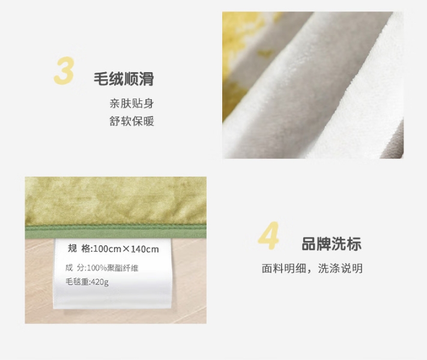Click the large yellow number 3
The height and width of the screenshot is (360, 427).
(64, 70)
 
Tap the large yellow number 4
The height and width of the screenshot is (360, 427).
(268, 236)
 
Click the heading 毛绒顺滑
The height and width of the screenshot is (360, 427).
(124, 79)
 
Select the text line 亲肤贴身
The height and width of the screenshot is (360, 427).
(132, 103)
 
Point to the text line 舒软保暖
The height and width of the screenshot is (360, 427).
(132, 121)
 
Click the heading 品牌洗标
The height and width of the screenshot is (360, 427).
(332, 243)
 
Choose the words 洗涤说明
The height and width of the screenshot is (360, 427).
(341, 269)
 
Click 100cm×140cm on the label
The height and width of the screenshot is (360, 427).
(126, 249)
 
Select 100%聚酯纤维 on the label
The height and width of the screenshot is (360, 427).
(112, 268)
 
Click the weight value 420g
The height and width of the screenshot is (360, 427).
(100, 282)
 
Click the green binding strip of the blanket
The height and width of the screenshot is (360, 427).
(116, 232)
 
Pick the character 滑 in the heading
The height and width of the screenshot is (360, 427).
(147, 79)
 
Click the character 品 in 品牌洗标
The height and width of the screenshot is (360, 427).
(309, 243)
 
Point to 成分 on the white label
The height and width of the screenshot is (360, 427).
(75, 268)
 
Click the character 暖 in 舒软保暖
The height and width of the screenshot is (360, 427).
(149, 121)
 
